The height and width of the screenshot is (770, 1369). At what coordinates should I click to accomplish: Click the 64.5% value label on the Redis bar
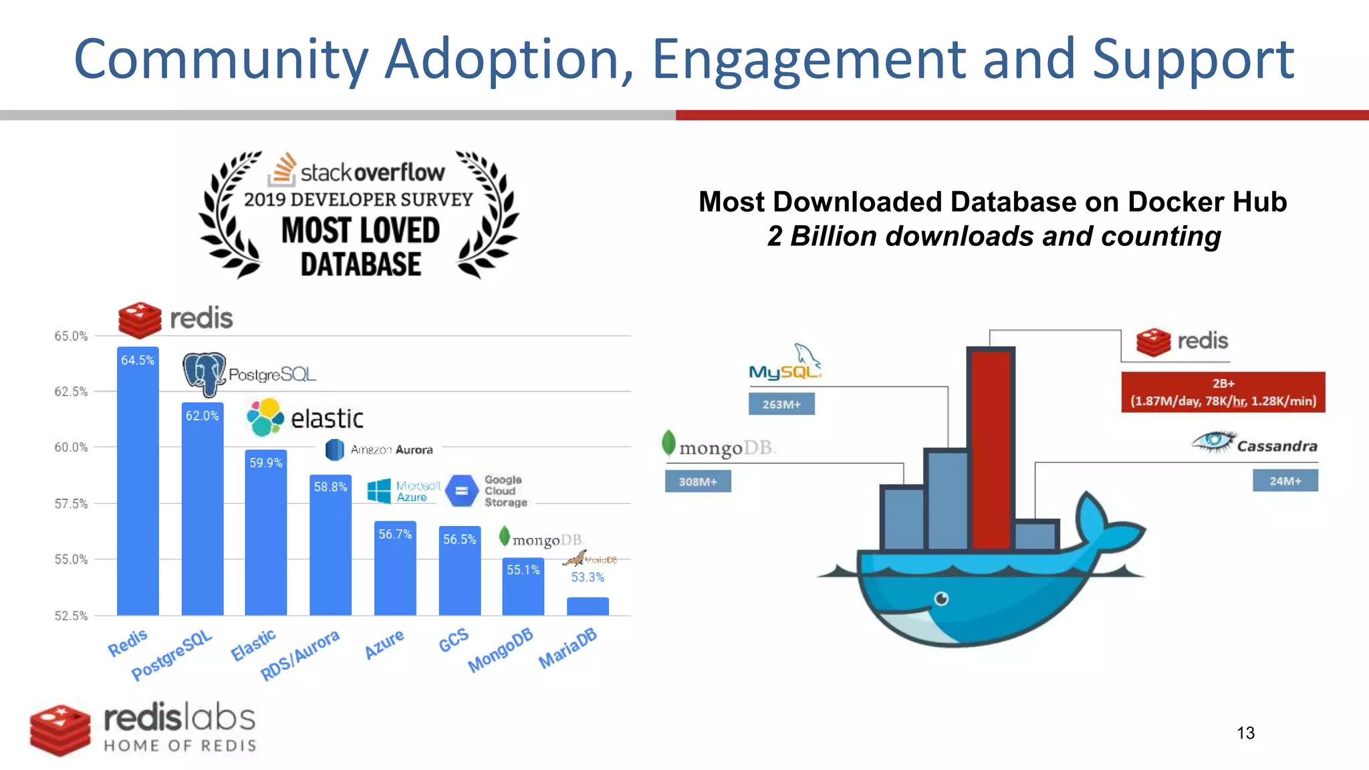(x=138, y=360)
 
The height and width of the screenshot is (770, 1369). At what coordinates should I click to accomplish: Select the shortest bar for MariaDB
(x=588, y=606)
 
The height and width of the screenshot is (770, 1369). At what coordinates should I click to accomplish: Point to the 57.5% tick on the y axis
(x=71, y=503)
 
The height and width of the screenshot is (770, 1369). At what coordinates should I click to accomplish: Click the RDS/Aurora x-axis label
(x=300, y=655)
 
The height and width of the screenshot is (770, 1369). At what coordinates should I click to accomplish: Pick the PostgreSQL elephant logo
(x=204, y=373)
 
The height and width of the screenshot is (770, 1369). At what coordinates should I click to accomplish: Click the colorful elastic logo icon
(x=265, y=418)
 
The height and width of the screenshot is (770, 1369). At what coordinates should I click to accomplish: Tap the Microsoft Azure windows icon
(x=379, y=491)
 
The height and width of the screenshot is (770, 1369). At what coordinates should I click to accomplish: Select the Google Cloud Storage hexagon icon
(x=461, y=491)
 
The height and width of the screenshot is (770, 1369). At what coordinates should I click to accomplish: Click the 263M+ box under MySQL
(x=781, y=404)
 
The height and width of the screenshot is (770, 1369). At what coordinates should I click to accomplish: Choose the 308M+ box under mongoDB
(x=698, y=481)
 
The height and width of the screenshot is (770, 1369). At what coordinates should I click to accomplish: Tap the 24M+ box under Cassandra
(x=1285, y=481)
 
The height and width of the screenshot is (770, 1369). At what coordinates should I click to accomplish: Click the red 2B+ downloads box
(x=1223, y=392)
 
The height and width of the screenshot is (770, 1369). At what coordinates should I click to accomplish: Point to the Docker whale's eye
(x=941, y=598)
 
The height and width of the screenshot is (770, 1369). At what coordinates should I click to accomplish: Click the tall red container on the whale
(x=991, y=448)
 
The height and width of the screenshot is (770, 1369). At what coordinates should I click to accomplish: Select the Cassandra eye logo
(x=1213, y=441)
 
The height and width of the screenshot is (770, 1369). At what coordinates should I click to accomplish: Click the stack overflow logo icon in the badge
(x=282, y=170)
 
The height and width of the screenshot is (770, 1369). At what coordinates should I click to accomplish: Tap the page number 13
(x=1245, y=733)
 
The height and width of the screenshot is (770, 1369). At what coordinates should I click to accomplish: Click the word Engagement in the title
(x=808, y=60)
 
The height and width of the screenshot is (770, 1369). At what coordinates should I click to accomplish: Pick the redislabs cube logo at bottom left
(x=60, y=729)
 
